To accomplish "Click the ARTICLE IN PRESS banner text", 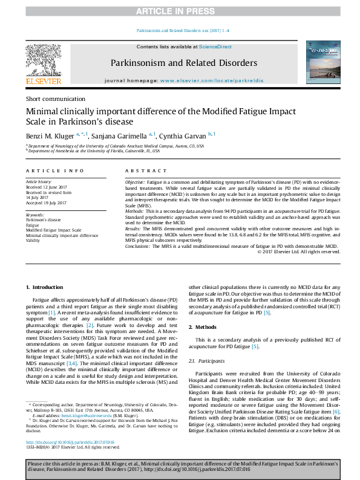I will point(180,11).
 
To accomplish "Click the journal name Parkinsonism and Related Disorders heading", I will point(183,63).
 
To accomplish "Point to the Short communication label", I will point(55,99).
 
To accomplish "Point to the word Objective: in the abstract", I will point(135,182).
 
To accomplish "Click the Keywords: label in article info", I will point(36,215).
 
